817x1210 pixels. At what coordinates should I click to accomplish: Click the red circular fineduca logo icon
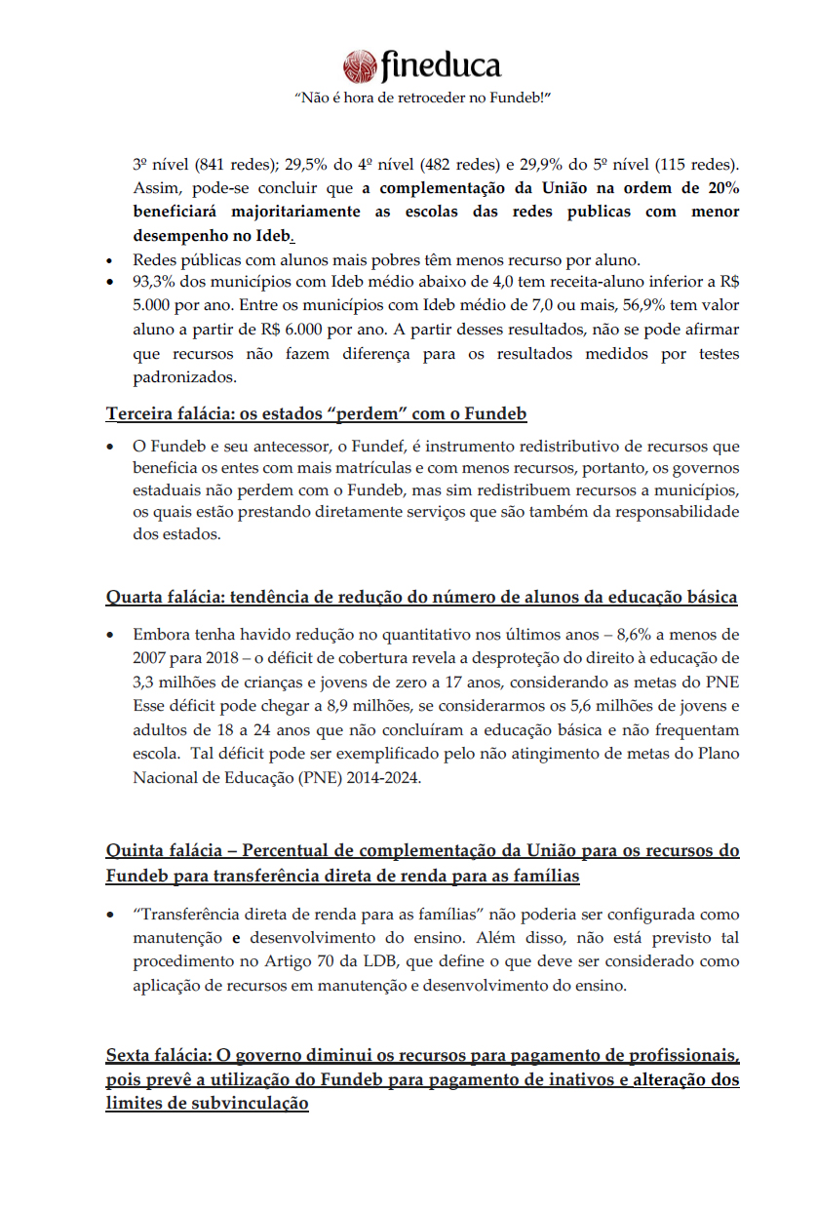click(x=360, y=66)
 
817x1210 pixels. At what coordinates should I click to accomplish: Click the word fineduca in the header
click(x=441, y=65)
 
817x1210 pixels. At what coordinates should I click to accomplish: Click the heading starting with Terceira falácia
click(x=316, y=413)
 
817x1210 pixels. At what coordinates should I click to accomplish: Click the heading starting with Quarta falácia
click(x=421, y=597)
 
